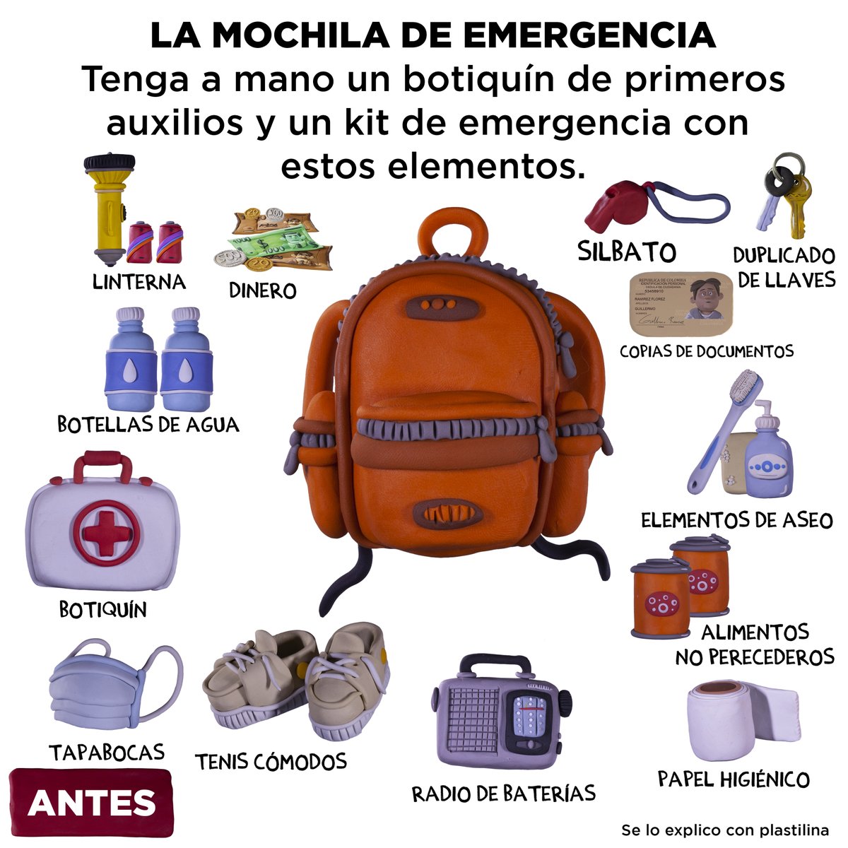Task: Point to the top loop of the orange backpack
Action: click(x=453, y=230)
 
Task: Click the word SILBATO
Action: click(x=627, y=252)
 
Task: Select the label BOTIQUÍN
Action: click(x=102, y=609)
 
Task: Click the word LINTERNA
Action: click(x=139, y=282)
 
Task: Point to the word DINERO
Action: click(x=262, y=290)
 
